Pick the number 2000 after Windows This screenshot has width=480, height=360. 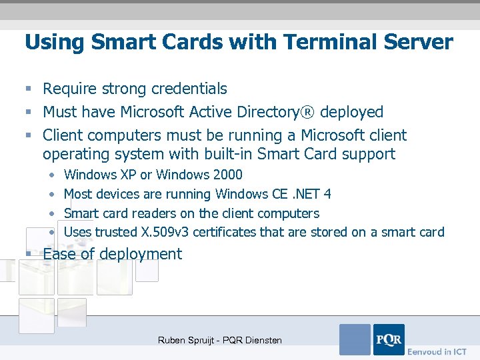[227, 175]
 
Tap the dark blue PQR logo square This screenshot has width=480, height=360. [389, 339]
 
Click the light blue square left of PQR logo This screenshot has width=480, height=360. [355, 339]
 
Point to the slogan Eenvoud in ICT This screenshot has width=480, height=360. [437, 351]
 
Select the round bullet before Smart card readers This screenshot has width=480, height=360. [51, 213]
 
